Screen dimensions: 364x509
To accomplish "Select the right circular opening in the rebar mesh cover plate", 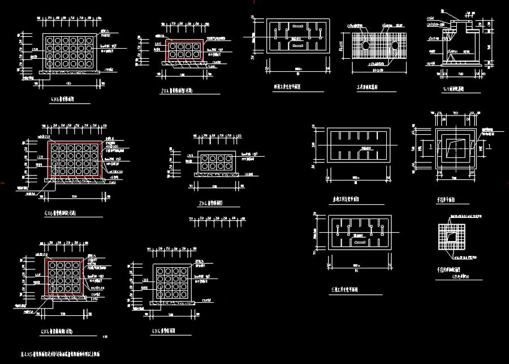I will [394, 44].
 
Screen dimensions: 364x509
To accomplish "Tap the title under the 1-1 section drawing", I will [452, 89].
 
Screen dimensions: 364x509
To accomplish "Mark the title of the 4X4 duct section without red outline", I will [165, 331].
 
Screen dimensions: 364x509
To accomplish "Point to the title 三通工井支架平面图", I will [348, 290].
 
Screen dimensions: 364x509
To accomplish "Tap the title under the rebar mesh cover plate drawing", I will [370, 88].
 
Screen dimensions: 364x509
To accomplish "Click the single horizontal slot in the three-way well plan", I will [359, 241].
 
